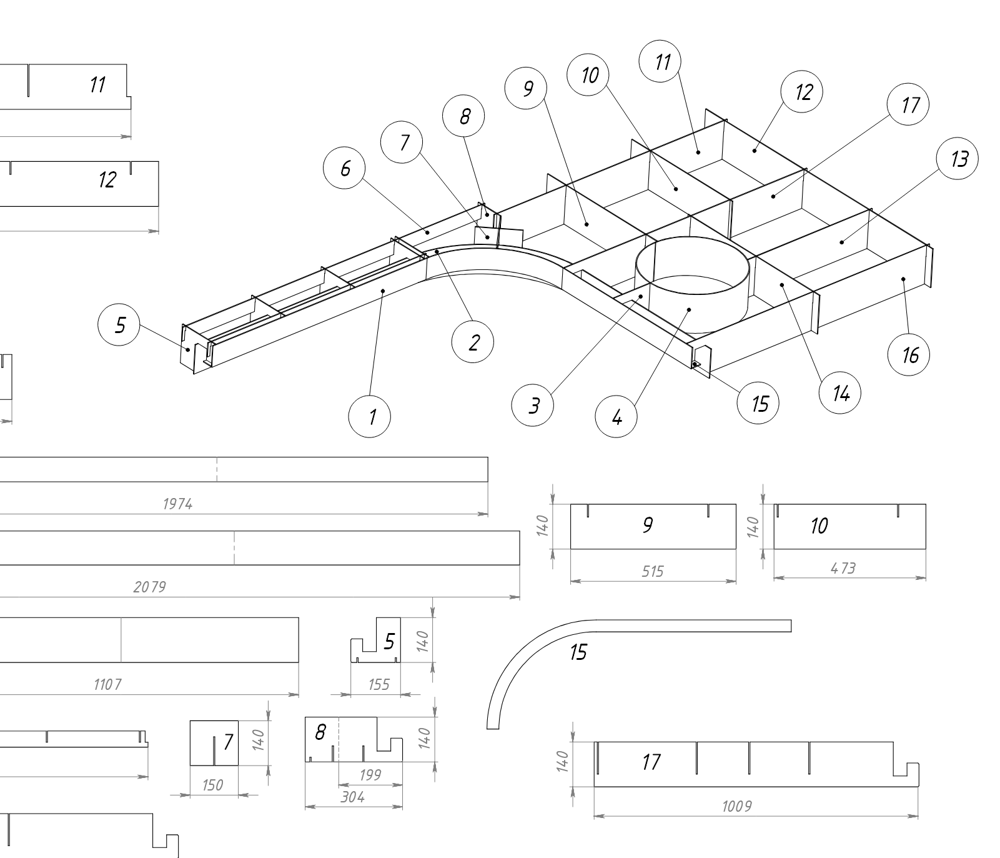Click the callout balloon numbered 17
tap(908, 105)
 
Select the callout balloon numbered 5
tap(119, 326)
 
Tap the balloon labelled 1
tap(370, 416)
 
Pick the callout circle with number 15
tap(758, 404)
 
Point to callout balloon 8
tap(463, 116)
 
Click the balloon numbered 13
tap(958, 159)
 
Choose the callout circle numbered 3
tap(532, 406)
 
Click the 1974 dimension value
tap(177, 504)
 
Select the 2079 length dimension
tap(150, 587)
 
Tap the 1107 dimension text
tap(107, 684)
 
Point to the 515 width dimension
tap(653, 571)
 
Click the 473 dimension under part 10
tap(843, 569)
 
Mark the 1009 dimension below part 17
tap(737, 806)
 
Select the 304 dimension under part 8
tap(353, 797)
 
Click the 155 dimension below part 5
tap(379, 684)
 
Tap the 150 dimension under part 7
tap(213, 785)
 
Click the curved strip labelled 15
tap(531, 650)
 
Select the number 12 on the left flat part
tap(107, 180)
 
